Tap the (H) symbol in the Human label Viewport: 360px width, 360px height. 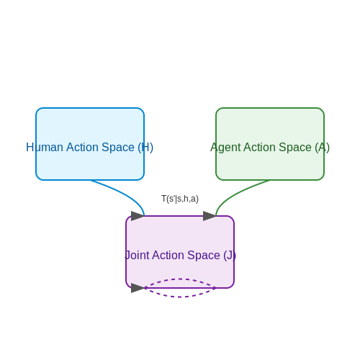click(x=145, y=148)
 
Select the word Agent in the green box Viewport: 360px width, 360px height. click(x=225, y=148)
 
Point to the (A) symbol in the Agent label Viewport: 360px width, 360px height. click(x=323, y=148)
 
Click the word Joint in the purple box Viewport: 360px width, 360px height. click(x=137, y=255)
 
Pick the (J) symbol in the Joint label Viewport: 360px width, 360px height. click(x=230, y=256)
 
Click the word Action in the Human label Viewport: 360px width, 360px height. click(x=82, y=147)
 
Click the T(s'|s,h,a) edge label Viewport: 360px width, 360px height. click(x=180, y=199)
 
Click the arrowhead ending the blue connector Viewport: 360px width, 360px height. click(x=138, y=216)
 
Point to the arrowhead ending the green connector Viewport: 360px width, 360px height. click(x=210, y=216)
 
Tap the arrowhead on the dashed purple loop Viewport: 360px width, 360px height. click(x=138, y=288)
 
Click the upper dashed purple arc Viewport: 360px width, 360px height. click(x=180, y=279)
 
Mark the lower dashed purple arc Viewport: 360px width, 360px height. click(x=180, y=297)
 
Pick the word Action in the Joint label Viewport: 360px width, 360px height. click(x=168, y=255)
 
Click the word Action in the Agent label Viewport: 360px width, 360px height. click(x=260, y=147)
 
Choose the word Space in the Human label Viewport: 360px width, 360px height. click(x=118, y=148)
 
